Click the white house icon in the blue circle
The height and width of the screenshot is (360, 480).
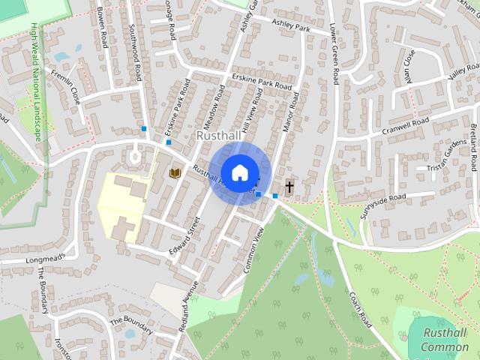tap(239, 172)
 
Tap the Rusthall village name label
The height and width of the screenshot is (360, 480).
tap(217, 136)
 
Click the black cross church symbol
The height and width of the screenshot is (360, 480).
tap(289, 186)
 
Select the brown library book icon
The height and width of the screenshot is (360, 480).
tap(175, 173)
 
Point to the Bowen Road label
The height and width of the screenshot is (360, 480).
tap(103, 27)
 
